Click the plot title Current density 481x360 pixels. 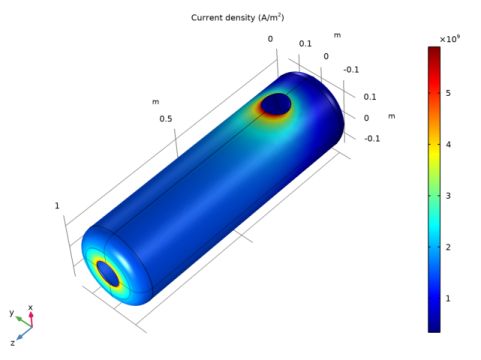(223, 17)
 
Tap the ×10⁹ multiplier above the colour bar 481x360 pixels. (450, 39)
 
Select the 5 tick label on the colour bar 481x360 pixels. (448, 93)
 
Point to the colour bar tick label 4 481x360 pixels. (448, 144)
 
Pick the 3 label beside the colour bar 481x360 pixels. (448, 196)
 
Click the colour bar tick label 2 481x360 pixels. (448, 247)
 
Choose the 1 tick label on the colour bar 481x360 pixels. (448, 298)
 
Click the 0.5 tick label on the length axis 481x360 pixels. (166, 119)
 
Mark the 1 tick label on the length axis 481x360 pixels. (57, 206)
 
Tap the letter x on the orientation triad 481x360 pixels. (30, 307)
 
